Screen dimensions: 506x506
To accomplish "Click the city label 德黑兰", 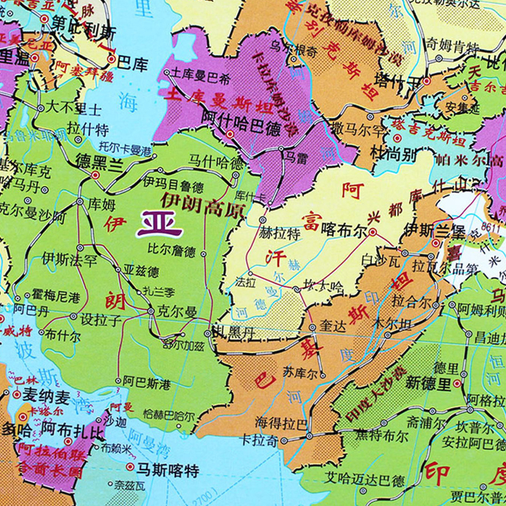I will click(99, 161).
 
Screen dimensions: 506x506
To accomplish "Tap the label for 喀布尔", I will click(344, 232).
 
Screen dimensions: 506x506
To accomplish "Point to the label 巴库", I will click(132, 63).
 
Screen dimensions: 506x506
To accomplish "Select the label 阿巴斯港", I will click(147, 383).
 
